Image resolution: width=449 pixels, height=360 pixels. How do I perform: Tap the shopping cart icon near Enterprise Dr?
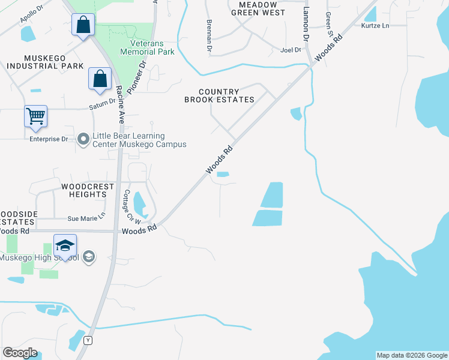tap(35, 116)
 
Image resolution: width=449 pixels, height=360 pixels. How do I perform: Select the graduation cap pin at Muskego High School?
tap(65, 245)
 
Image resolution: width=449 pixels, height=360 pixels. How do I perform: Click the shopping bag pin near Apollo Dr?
tap(83, 25)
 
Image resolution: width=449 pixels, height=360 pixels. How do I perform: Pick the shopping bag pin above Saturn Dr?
tap(100, 79)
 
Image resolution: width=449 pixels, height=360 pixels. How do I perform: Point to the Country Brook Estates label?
tap(219, 95)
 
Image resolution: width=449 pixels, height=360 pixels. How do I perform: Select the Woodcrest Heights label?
tap(88, 190)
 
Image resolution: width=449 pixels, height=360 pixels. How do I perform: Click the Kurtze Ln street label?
tap(375, 26)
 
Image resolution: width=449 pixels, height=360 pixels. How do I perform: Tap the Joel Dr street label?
tap(291, 50)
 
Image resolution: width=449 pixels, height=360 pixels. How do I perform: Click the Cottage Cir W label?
tap(129, 208)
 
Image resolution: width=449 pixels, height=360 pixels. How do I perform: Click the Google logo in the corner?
tap(20, 353)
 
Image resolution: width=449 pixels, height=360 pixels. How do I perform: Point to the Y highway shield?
tap(89, 341)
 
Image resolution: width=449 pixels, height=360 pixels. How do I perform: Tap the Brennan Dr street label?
tap(209, 26)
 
